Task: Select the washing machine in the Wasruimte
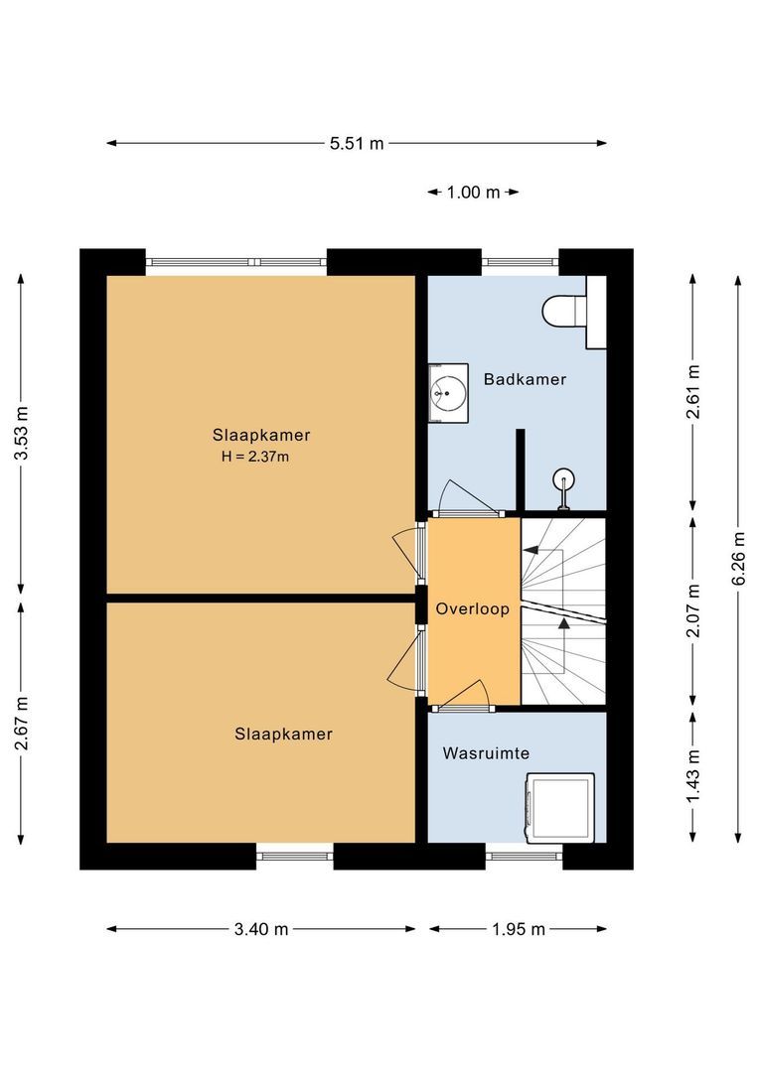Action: (560, 807)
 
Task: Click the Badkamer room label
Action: (525, 379)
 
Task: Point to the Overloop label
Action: (473, 609)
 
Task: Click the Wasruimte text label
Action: (486, 753)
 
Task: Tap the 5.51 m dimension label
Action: (357, 143)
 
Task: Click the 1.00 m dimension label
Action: (473, 193)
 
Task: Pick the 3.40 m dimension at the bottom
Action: (261, 929)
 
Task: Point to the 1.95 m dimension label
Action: (519, 929)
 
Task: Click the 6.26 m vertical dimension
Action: (737, 556)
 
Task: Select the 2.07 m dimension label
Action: (693, 608)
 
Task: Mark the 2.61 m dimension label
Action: (693, 390)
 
